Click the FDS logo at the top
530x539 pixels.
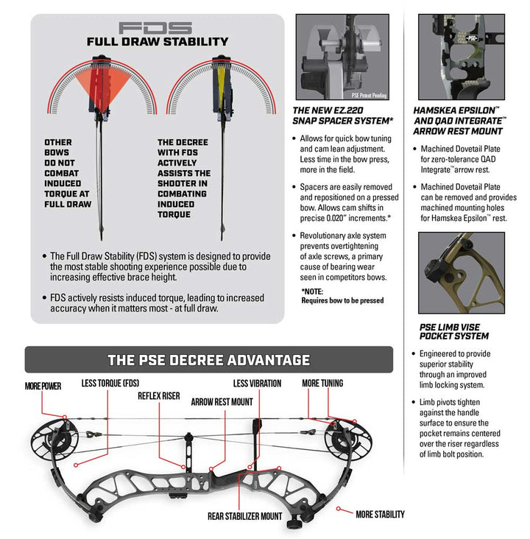point(158,28)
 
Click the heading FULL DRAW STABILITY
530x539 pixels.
point(158,42)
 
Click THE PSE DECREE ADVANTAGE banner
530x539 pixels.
point(208,360)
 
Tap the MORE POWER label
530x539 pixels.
point(43,386)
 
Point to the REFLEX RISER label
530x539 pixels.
point(159,396)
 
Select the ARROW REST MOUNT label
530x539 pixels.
point(222,402)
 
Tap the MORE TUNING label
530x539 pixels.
point(322,384)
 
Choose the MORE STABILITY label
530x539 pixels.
point(380,514)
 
